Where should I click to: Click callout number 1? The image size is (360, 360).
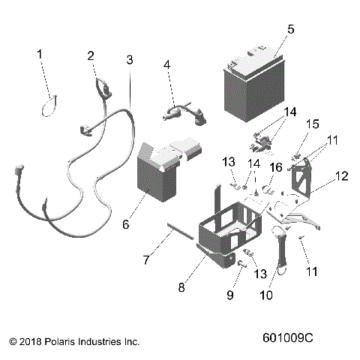[x=40, y=54]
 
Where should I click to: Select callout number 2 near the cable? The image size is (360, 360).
[x=91, y=55]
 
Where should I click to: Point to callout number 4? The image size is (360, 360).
[x=168, y=65]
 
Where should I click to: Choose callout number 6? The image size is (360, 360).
[x=146, y=223]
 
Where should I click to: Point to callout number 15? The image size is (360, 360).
[x=313, y=122]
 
